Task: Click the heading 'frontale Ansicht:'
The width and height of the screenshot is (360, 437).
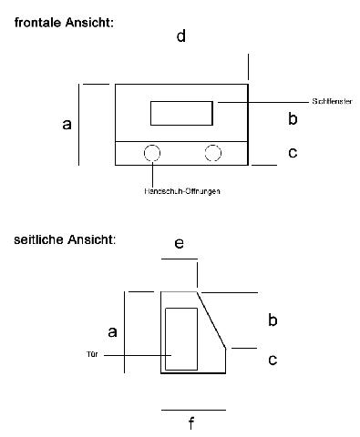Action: click(65, 21)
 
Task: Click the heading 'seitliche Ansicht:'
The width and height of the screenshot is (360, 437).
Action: click(65, 241)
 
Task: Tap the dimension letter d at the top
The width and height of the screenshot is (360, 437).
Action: click(181, 37)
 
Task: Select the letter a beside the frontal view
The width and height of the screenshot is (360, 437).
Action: click(67, 124)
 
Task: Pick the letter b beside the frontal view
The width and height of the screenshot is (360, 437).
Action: click(292, 117)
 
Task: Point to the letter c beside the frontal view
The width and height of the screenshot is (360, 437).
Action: click(292, 152)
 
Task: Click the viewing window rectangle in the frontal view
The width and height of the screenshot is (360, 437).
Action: click(181, 113)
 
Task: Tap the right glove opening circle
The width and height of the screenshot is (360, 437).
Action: click(213, 153)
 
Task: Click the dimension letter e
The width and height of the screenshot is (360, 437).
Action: click(179, 243)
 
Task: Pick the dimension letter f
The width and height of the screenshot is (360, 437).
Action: click(191, 422)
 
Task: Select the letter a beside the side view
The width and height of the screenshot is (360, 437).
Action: click(112, 332)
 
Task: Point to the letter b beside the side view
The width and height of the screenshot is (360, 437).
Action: click(272, 320)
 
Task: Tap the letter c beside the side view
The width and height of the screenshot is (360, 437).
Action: click(272, 360)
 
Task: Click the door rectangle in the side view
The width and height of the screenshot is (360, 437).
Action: click(181, 339)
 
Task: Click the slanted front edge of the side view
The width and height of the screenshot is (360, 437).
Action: click(212, 319)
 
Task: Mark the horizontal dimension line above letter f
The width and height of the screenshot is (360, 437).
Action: click(193, 410)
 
